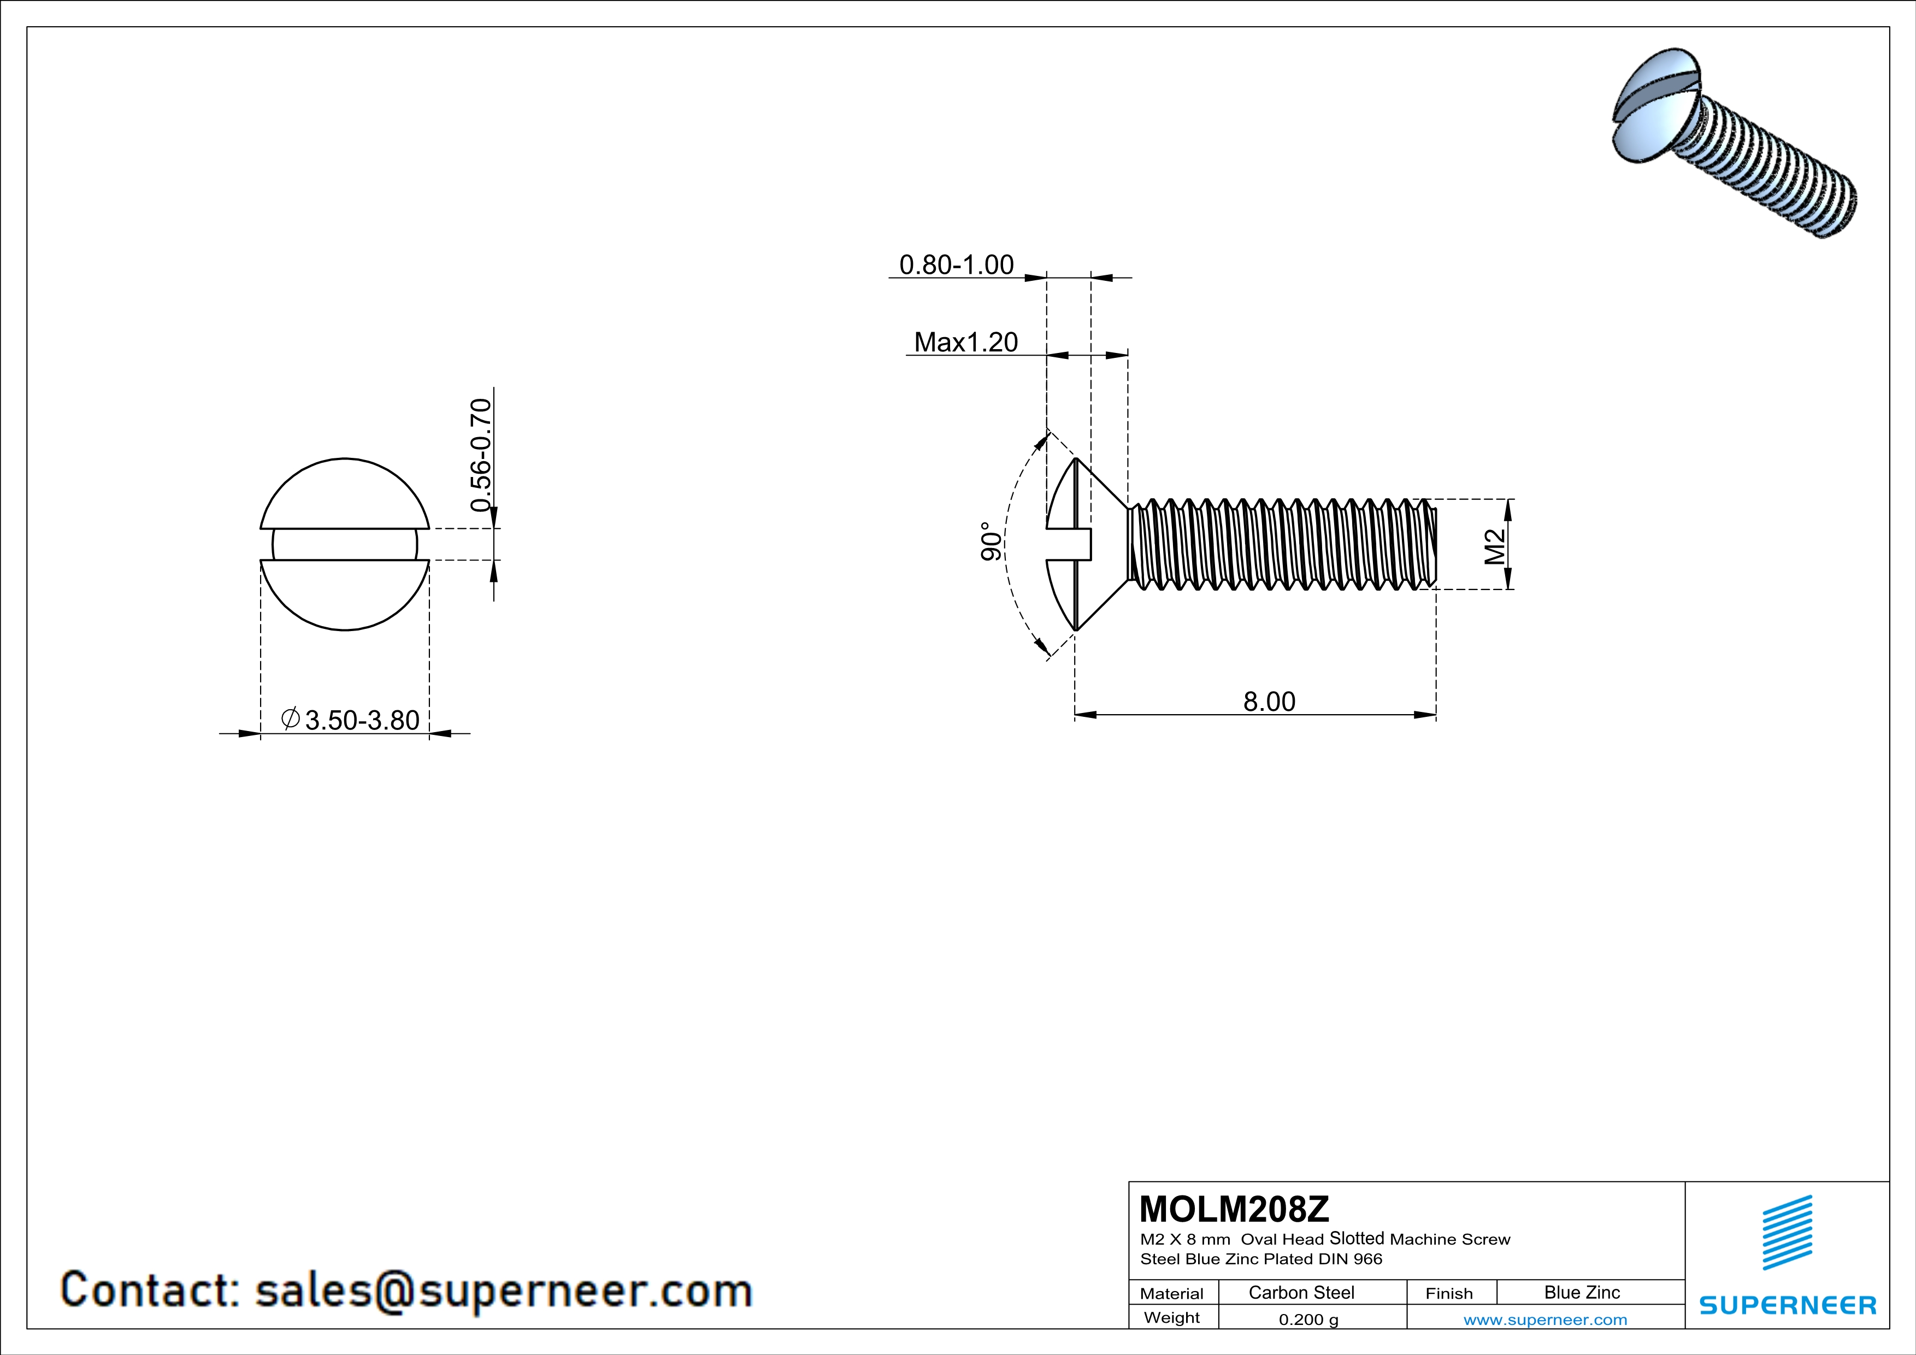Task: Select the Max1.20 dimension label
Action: (x=965, y=342)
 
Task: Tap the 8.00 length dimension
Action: (x=1269, y=702)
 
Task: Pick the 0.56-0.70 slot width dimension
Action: (x=481, y=455)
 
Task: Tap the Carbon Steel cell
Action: (x=1300, y=1292)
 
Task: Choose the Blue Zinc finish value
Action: (x=1581, y=1292)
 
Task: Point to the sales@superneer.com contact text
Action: (x=503, y=1290)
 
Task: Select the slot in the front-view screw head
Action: (x=345, y=545)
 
